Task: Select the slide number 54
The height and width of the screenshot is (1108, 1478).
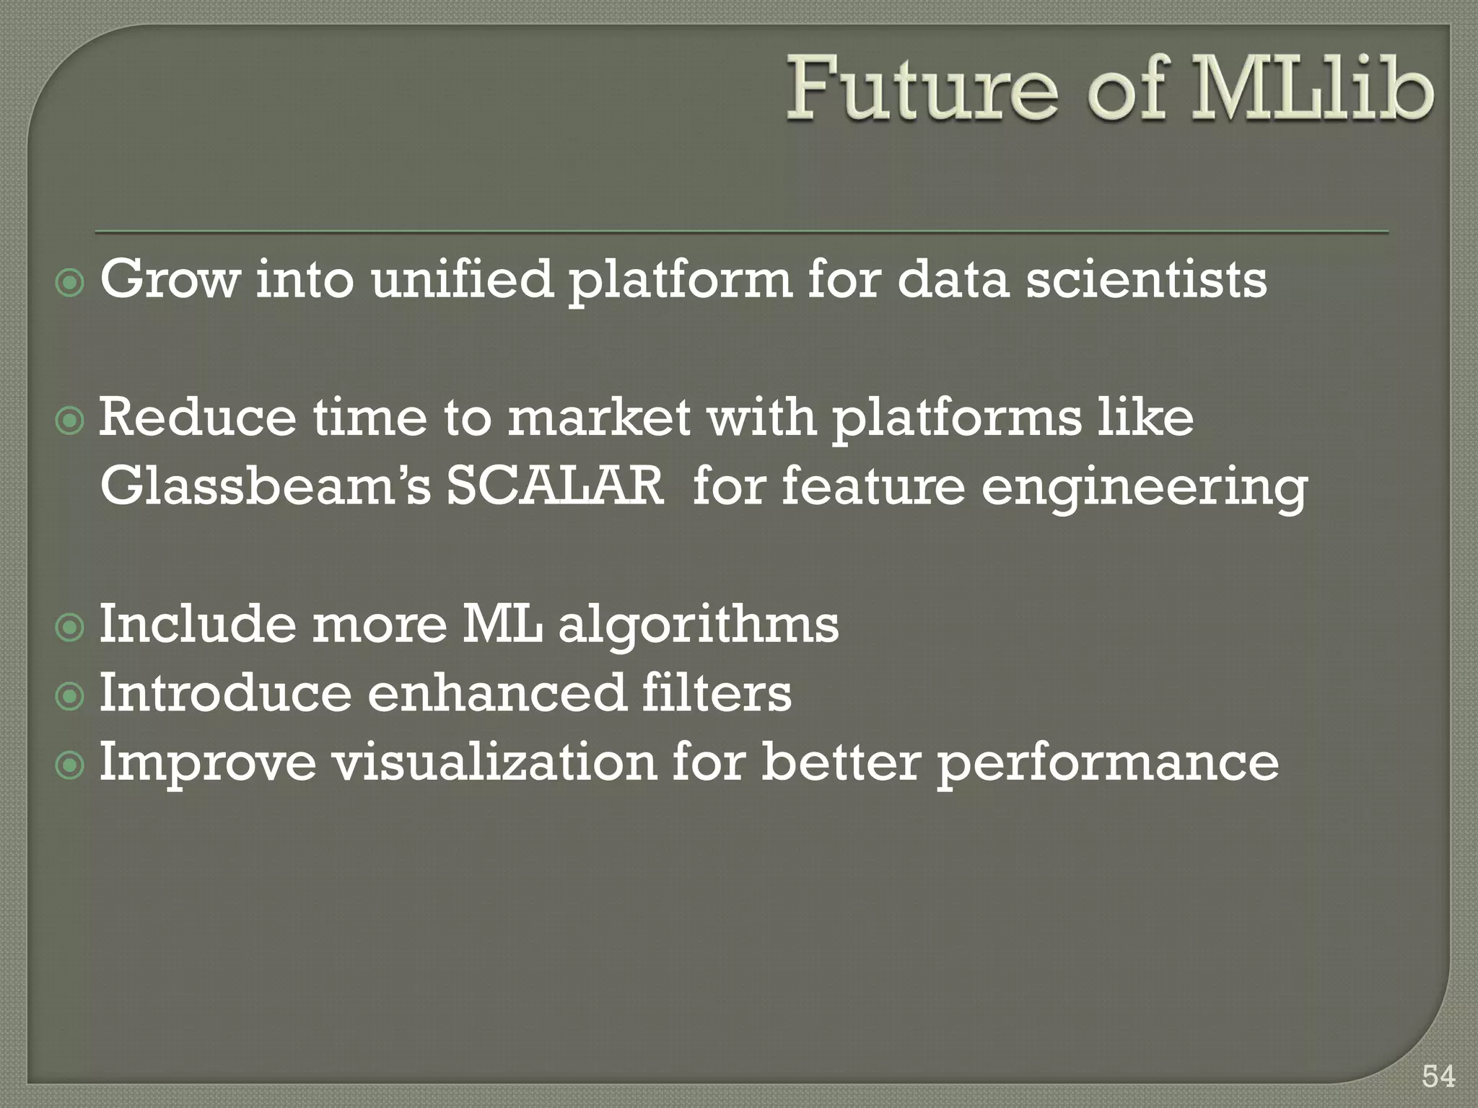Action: [x=1438, y=1076]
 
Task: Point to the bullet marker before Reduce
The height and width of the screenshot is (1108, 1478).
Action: [x=70, y=421]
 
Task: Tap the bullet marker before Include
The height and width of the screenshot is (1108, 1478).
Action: [x=70, y=628]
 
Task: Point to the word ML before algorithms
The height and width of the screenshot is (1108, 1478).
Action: [x=502, y=624]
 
